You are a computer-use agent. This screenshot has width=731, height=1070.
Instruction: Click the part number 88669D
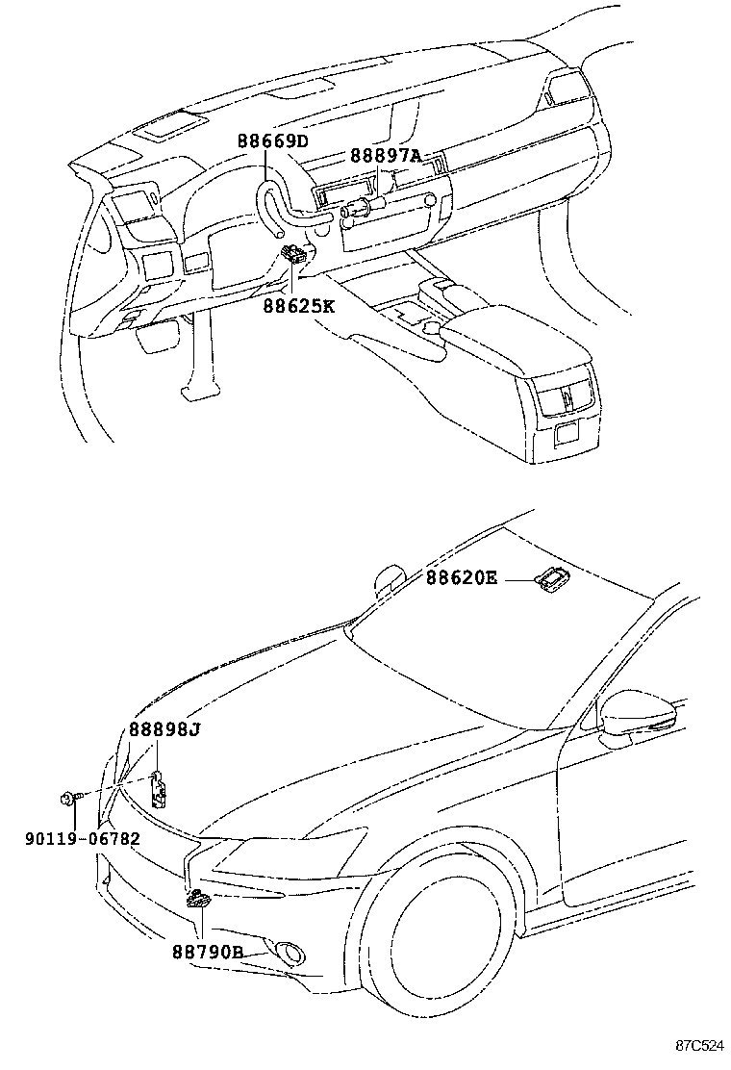(273, 142)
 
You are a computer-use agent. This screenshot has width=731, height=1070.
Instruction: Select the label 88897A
(385, 156)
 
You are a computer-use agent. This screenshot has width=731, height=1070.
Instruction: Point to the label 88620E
(463, 579)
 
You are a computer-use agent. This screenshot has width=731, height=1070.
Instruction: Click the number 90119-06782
(83, 838)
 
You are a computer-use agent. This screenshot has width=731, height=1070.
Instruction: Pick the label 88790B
(208, 952)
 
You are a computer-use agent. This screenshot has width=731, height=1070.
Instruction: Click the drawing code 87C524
(697, 1045)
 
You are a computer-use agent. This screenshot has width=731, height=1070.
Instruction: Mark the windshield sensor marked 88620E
(554, 578)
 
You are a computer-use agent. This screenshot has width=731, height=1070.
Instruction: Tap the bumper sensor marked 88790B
(199, 900)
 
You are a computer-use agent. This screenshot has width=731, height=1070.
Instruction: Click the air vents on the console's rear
(566, 396)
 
